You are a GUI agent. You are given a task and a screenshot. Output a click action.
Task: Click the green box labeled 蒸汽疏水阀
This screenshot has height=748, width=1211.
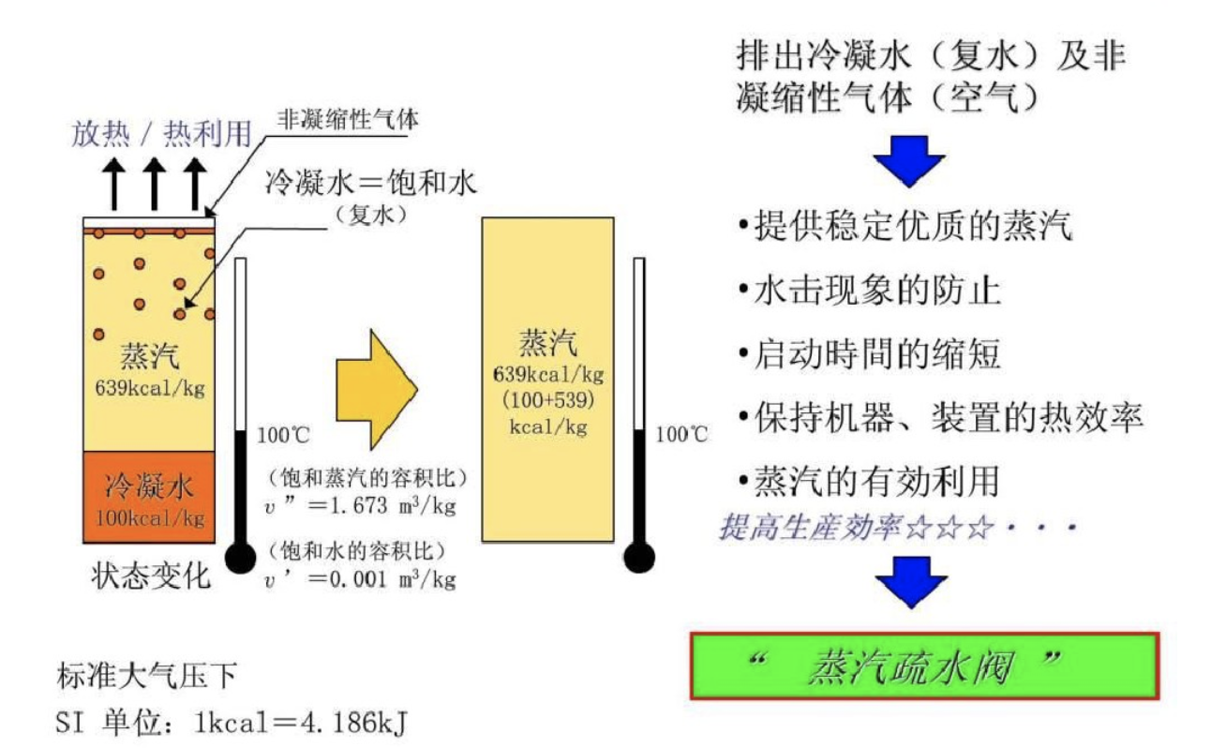click(x=924, y=666)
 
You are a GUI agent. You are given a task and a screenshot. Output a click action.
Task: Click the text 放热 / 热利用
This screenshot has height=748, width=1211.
click(x=161, y=134)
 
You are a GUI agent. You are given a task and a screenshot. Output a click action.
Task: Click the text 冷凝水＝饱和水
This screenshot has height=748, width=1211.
click(x=372, y=181)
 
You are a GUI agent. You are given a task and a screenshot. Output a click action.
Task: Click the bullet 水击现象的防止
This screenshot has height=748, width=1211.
click(x=877, y=290)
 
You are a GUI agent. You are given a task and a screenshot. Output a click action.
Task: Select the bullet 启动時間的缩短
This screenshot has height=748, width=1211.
click(x=877, y=354)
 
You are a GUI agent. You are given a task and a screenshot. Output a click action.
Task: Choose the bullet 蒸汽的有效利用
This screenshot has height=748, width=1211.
click(x=876, y=481)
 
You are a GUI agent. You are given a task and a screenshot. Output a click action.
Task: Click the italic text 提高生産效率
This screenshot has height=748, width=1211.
click(x=812, y=528)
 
